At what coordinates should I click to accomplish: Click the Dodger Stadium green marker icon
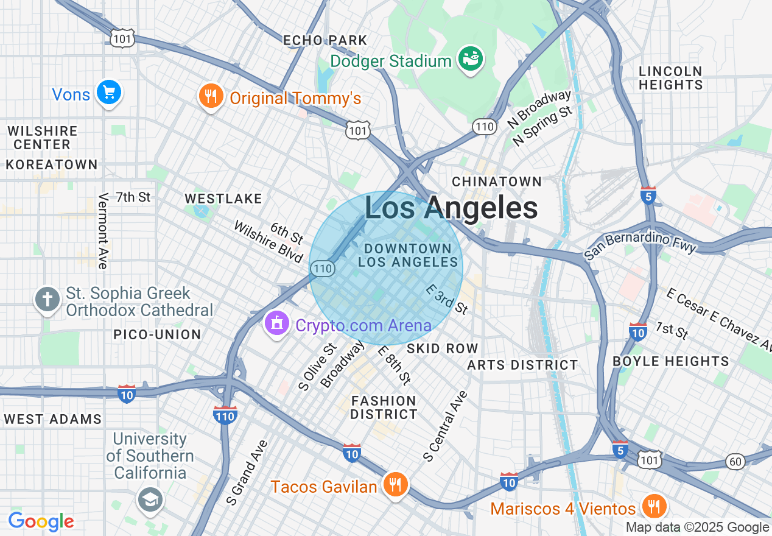click(471, 59)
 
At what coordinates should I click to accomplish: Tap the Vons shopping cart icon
click(109, 93)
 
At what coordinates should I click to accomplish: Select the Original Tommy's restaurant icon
click(210, 96)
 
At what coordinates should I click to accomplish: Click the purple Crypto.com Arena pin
click(277, 323)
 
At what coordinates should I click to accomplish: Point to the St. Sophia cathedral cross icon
click(47, 299)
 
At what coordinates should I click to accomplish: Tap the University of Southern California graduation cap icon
click(149, 499)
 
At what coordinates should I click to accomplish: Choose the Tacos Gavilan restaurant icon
click(396, 485)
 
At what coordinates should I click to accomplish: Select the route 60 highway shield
click(735, 461)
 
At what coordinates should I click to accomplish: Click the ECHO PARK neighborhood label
click(325, 41)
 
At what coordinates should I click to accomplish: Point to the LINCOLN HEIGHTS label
click(670, 78)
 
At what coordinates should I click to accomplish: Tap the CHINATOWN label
click(497, 182)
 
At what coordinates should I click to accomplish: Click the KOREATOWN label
click(52, 164)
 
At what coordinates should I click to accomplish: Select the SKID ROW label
click(442, 348)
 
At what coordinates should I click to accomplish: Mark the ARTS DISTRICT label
click(522, 365)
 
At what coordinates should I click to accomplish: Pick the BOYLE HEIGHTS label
click(670, 361)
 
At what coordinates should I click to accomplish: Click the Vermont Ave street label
click(103, 231)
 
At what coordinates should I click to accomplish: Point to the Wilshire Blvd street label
click(268, 242)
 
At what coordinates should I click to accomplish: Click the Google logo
click(41, 521)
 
